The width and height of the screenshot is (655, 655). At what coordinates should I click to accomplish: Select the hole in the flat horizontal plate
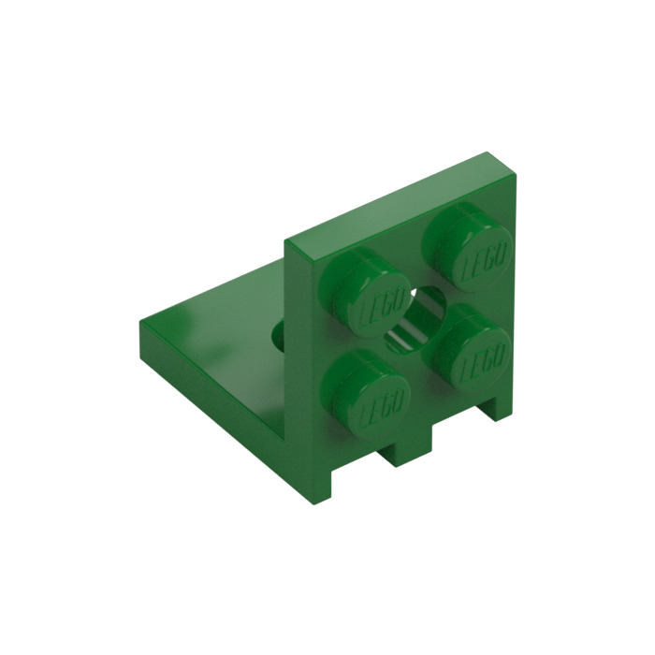[x=280, y=335]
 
